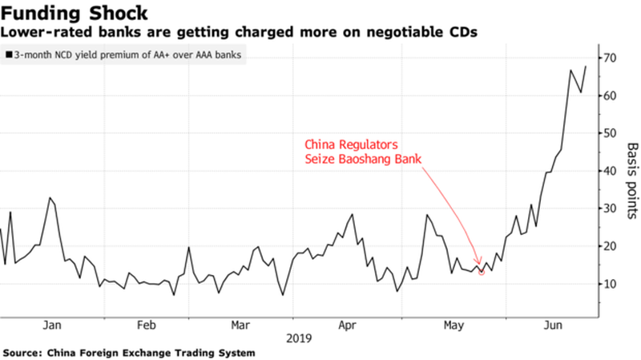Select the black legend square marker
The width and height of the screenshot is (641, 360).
(8, 55)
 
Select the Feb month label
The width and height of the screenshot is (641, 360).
(146, 326)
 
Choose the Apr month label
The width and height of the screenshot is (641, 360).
(346, 326)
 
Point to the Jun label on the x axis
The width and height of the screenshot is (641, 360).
(552, 326)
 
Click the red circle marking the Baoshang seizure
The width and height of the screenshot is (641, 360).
(481, 272)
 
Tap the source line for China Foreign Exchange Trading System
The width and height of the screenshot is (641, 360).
(129, 353)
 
